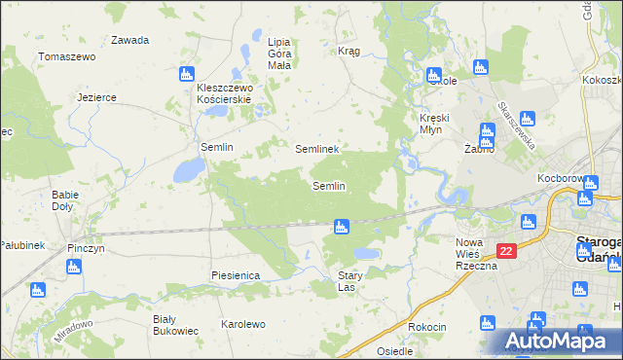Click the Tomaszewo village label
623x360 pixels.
click(66, 57)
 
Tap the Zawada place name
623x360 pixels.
click(129, 41)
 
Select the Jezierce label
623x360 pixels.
click(97, 97)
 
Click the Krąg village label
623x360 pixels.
click(348, 51)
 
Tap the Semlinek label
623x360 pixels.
click(316, 150)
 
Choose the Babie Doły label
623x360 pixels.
click(65, 200)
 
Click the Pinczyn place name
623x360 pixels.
click(86, 248)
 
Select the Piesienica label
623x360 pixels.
click(235, 275)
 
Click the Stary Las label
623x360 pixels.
click(348, 282)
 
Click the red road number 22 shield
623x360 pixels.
click(505, 251)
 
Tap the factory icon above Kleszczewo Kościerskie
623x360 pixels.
click(187, 73)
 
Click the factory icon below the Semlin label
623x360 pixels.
click(340, 227)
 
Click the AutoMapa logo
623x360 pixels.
click(562, 340)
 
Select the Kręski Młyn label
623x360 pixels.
click(433, 124)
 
